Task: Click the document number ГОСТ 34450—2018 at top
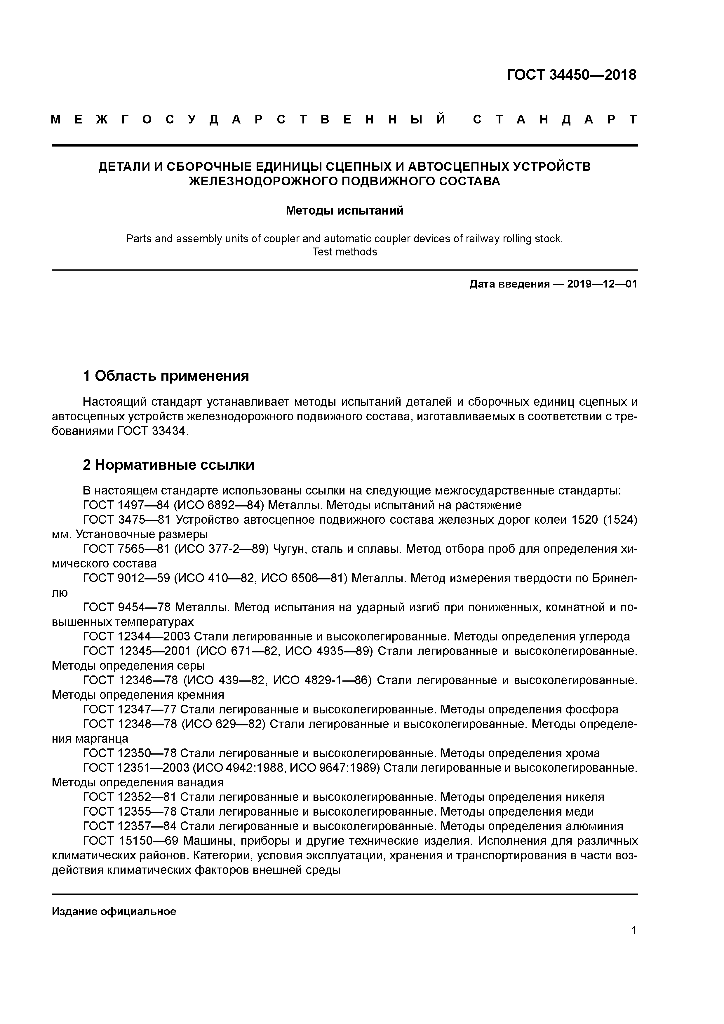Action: (x=571, y=75)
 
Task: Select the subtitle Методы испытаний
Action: (x=344, y=210)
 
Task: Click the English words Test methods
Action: (x=344, y=252)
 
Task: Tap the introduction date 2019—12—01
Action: (x=602, y=284)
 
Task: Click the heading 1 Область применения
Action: (x=166, y=376)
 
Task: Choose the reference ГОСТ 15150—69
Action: (x=130, y=841)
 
